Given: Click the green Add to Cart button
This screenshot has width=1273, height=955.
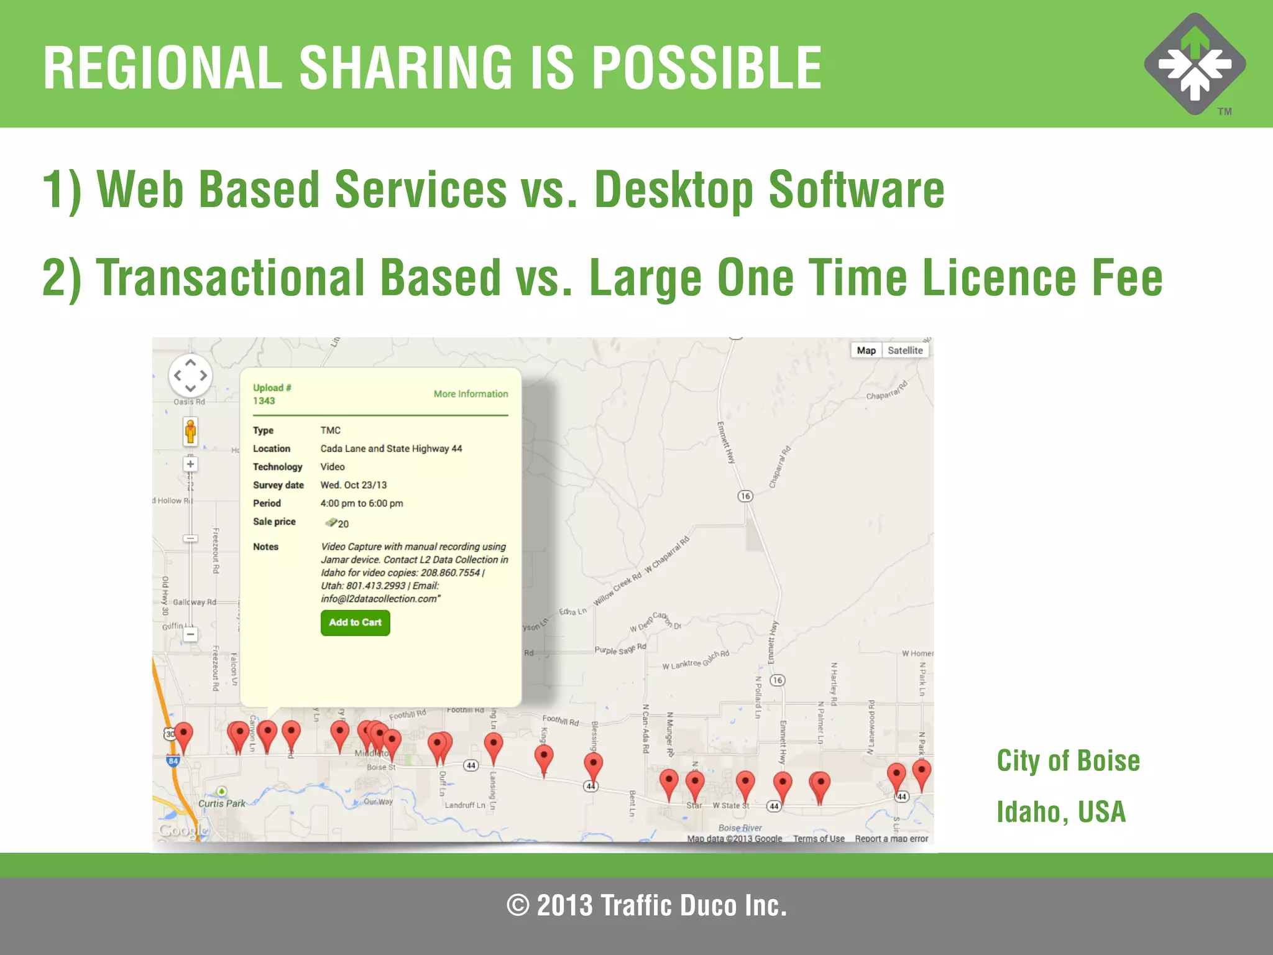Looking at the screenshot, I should point(355,622).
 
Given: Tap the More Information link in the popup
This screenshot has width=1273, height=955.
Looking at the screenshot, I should point(471,394).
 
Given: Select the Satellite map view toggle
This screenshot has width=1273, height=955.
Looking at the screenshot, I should point(905,350).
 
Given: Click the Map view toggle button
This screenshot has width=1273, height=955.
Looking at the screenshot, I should point(866,350).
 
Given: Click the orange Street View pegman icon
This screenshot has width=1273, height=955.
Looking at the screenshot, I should point(190,431).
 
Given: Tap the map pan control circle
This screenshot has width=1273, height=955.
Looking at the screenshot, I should point(190,376).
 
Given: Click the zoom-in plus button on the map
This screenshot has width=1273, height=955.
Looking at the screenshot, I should point(190,464).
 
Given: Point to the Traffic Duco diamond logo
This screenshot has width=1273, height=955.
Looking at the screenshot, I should point(1195,64).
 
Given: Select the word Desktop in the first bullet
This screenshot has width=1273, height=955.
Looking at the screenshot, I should point(674,190).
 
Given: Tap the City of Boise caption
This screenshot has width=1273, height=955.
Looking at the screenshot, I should point(1068,760).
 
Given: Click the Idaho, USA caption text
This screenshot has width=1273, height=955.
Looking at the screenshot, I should point(1061,811).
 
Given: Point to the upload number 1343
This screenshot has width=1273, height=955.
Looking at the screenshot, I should point(264,400).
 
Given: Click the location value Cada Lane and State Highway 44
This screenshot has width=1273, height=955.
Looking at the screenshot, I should point(391,448).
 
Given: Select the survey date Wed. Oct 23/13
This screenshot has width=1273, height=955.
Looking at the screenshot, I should point(353,485).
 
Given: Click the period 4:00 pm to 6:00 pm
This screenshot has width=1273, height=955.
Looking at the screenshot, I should point(361,503).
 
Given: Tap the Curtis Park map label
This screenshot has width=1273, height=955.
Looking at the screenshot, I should point(222,803).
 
